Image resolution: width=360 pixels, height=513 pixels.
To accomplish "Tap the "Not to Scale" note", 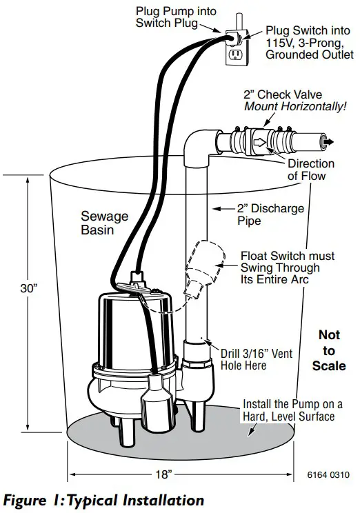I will tap(329, 350).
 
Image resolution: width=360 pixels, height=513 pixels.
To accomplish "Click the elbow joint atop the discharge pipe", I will tap(199, 144).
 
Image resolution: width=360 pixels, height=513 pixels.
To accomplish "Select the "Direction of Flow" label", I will tap(310, 170).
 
